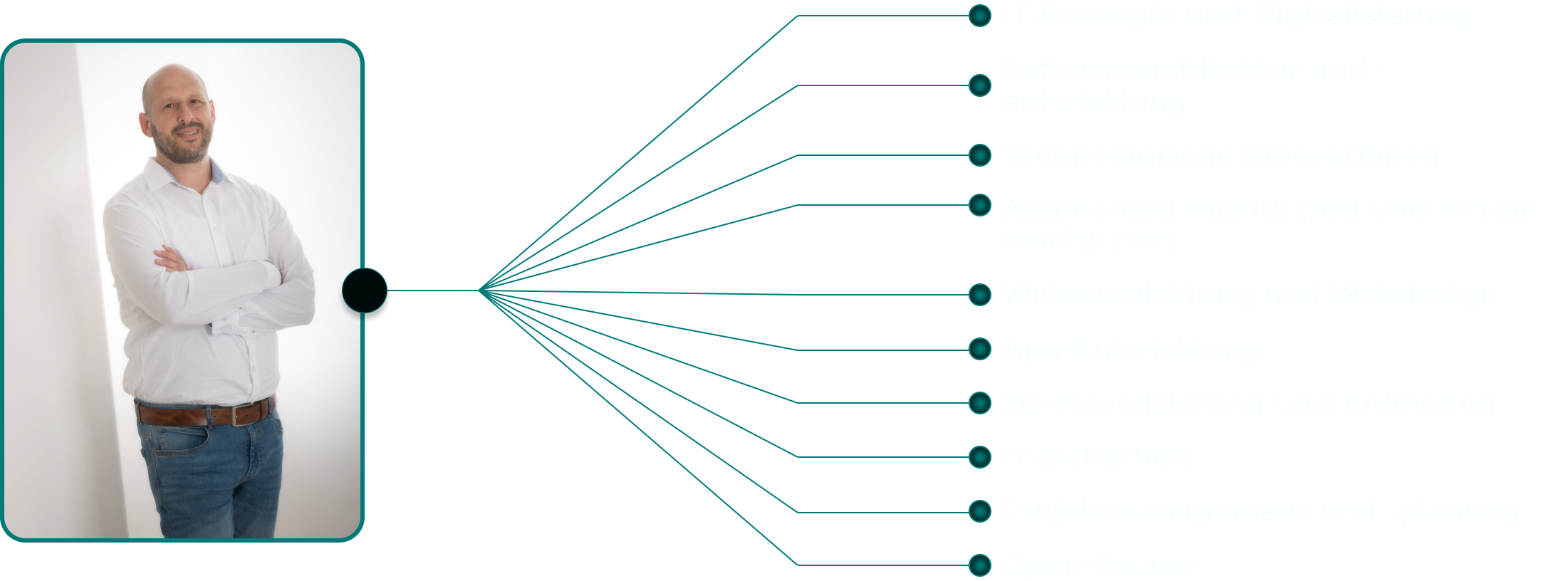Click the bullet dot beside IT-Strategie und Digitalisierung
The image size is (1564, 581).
[x=980, y=16]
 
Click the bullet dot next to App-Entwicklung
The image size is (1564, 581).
[x=980, y=349]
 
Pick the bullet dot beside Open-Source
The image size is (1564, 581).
[x=980, y=565]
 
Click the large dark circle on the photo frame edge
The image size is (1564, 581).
[x=365, y=290]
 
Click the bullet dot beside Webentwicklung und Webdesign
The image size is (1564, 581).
[x=980, y=295]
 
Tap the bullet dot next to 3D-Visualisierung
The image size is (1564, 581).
[x=980, y=403]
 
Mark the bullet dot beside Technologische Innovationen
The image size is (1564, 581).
[x=980, y=155]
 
